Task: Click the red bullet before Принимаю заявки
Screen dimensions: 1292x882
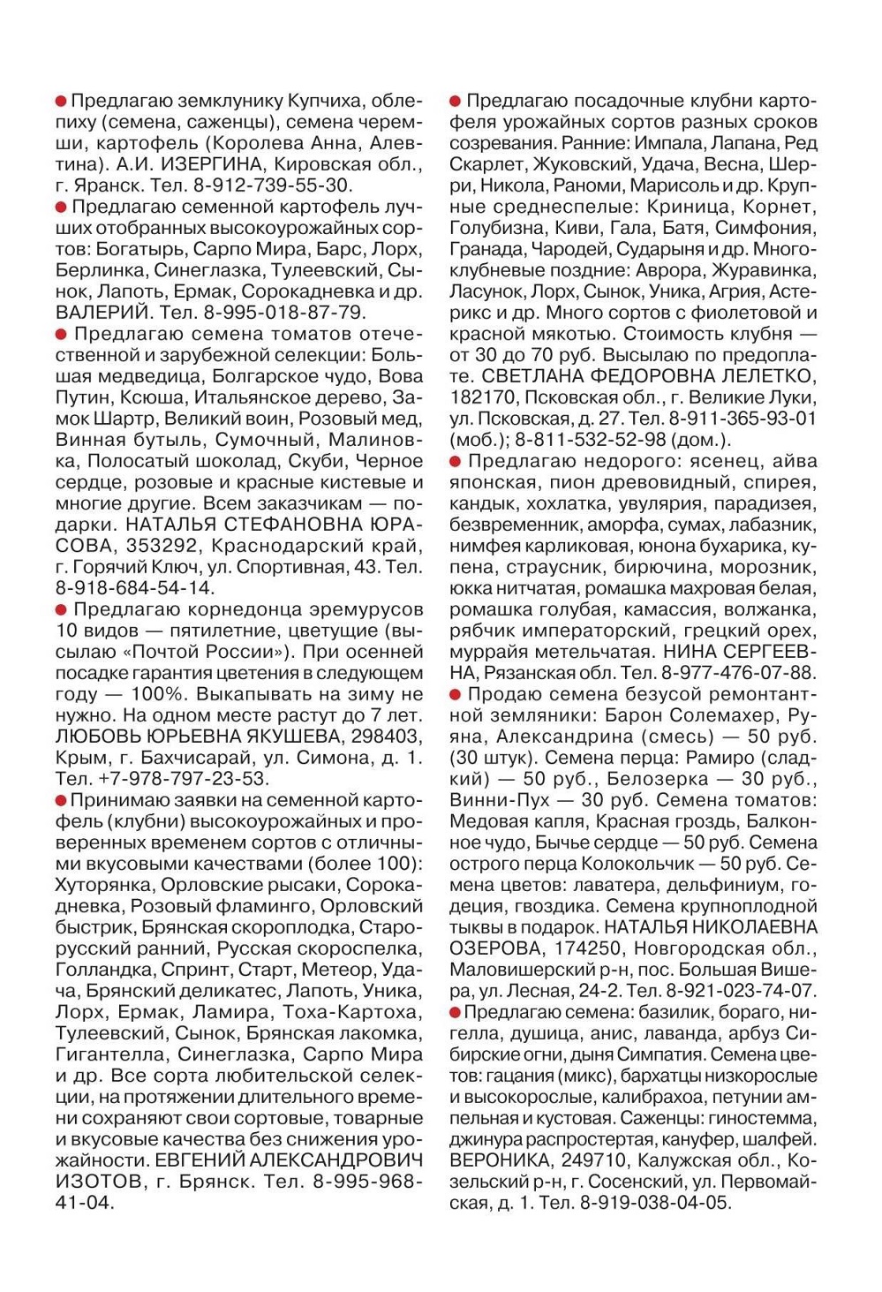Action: coord(61,801)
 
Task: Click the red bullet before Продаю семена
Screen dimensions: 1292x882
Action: coord(456,695)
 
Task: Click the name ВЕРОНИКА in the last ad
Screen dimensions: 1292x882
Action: coord(498,1160)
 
